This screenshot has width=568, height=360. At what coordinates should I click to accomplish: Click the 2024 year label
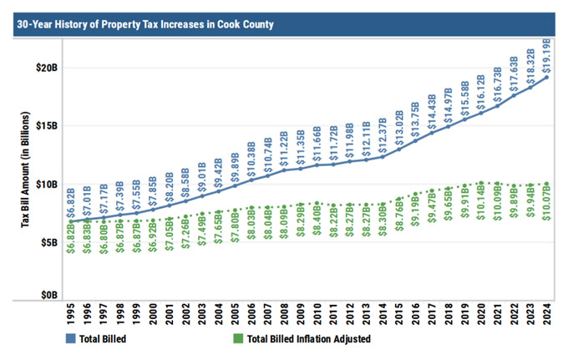coord(547,314)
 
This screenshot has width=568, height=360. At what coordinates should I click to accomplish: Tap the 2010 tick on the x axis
coord(317,314)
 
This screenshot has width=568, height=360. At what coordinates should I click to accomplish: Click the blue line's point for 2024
coord(547,78)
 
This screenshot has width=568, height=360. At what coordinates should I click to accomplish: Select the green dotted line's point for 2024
coord(547,184)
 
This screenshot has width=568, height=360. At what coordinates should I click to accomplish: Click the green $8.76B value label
coord(399,224)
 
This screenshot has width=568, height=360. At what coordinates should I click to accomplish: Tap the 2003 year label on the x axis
coord(201,314)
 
